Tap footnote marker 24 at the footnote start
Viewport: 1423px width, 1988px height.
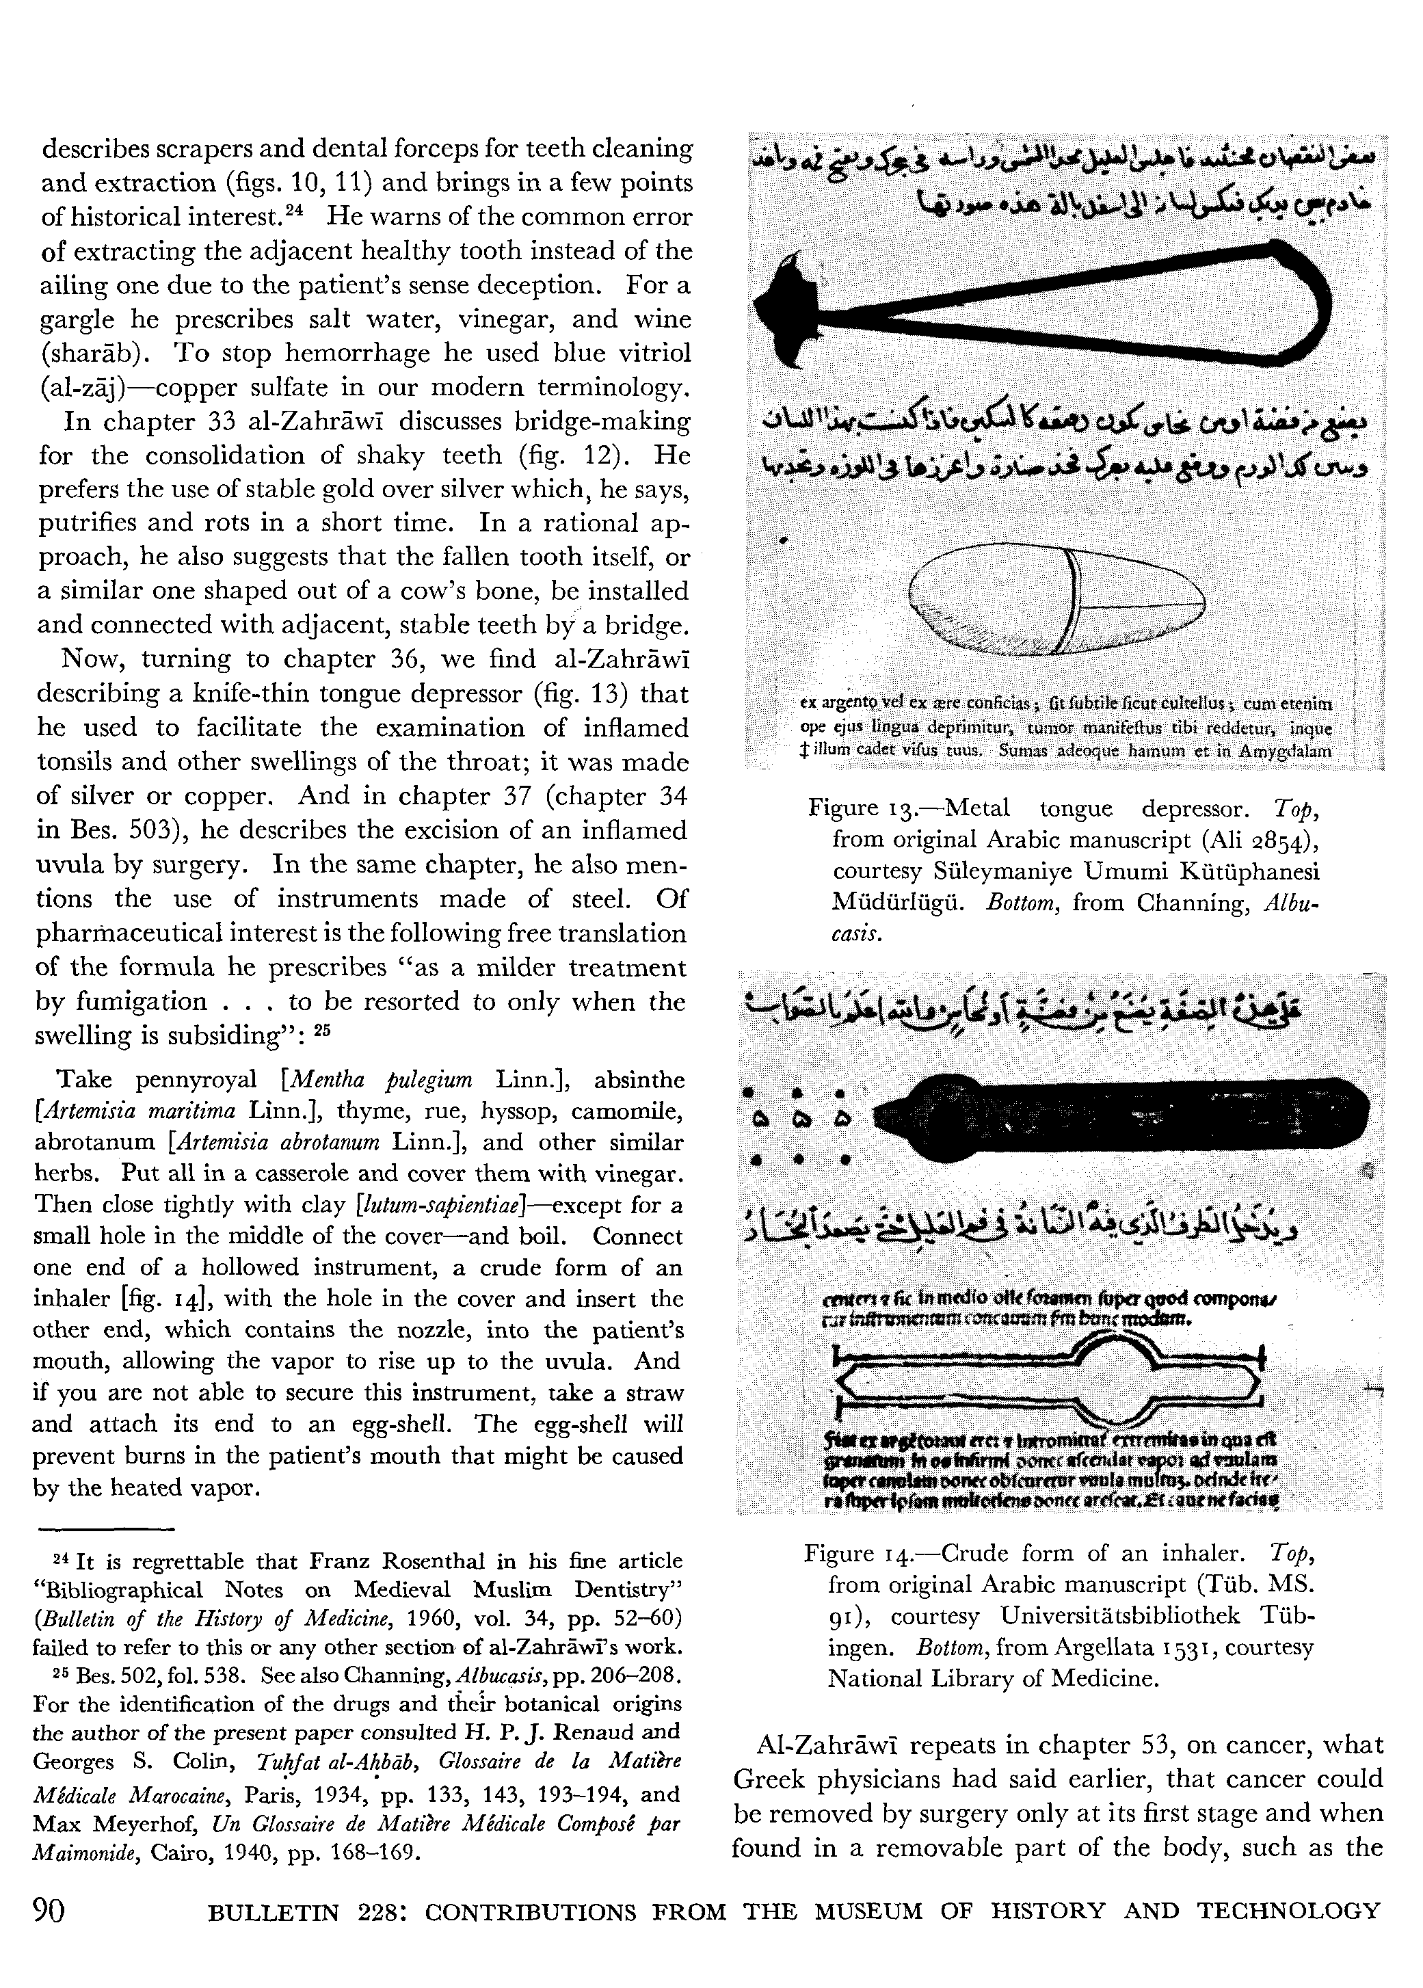coord(62,1560)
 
